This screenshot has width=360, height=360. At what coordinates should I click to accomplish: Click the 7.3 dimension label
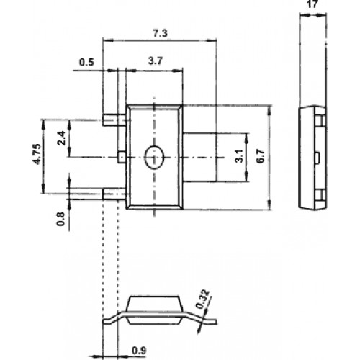[161, 33]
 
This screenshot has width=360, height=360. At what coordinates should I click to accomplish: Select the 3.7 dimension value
[156, 61]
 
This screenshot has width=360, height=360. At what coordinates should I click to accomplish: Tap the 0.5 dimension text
[86, 63]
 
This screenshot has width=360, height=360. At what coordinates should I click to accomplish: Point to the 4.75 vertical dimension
[37, 154]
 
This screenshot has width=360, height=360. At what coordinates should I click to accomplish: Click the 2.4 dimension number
[62, 138]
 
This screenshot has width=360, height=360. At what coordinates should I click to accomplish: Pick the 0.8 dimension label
[60, 219]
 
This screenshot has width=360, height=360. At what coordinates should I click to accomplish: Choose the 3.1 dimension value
[239, 156]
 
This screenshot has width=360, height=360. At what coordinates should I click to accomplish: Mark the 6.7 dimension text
[260, 156]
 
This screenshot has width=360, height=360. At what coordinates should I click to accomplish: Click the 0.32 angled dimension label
[202, 299]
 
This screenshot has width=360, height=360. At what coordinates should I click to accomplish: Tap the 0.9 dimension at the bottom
[139, 351]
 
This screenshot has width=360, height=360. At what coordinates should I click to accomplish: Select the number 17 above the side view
[312, 4]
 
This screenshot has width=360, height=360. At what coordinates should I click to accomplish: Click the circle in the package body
[154, 157]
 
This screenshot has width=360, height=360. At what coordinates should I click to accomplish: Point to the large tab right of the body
[199, 157]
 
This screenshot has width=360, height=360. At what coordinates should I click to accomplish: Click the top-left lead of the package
[114, 120]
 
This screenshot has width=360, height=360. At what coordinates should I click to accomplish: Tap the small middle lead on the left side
[122, 157]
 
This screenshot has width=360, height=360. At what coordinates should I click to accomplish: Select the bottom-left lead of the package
[114, 194]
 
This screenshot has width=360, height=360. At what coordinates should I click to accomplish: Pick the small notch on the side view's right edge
[317, 157]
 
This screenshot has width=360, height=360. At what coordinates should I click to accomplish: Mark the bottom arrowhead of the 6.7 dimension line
[269, 204]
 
